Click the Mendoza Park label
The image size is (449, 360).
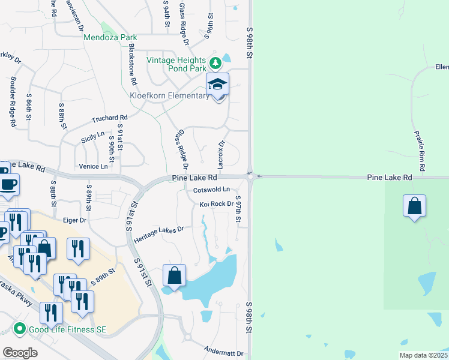110,37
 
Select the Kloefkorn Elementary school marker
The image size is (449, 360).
217,85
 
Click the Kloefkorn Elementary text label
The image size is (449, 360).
170,96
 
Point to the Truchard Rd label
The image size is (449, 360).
110,118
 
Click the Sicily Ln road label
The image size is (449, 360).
92,139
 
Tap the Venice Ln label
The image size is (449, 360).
94,166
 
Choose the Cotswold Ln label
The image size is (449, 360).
212,190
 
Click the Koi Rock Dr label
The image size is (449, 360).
216,204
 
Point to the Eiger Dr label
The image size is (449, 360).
75,220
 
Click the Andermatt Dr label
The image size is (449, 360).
223,354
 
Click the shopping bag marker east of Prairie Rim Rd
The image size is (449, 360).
415,206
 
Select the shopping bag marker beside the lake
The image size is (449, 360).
174,276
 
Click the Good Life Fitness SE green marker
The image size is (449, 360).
19,329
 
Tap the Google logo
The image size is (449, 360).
20,353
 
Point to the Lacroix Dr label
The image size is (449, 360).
221,154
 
